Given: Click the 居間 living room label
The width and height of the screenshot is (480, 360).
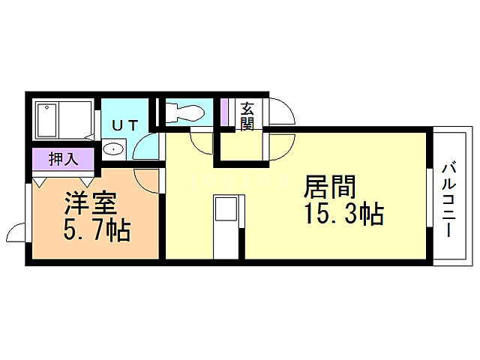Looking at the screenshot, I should (331, 184).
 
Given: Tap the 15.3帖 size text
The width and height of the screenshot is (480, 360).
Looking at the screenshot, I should (344, 214).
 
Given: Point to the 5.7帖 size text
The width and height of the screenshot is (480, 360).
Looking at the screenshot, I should (97, 229).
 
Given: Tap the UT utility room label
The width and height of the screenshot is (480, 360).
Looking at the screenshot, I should (124, 125).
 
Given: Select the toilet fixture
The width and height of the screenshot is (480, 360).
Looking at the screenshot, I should (184, 112).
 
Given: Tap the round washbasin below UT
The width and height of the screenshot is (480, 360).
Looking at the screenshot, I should (113, 148).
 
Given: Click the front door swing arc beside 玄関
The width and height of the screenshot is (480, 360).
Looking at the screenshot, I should (282, 112).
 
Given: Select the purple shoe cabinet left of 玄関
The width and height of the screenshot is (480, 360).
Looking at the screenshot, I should (223, 112).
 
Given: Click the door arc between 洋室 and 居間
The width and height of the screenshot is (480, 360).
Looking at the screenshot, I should (148, 180).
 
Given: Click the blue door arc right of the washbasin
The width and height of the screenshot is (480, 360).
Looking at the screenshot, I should (145, 148).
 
